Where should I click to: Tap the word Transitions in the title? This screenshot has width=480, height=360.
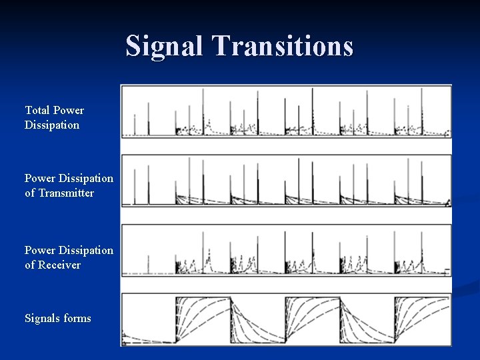(283, 46)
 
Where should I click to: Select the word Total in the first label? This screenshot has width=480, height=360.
(37, 110)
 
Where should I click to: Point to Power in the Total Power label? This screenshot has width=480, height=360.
(69, 110)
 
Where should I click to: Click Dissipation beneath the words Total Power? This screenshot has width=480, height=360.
(52, 125)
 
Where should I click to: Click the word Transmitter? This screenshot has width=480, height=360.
(66, 193)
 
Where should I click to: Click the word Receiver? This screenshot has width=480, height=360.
(59, 265)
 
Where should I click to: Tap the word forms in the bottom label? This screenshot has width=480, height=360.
(77, 318)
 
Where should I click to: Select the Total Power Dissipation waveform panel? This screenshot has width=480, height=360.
(286, 112)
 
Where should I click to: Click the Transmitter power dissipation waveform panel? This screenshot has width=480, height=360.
(286, 181)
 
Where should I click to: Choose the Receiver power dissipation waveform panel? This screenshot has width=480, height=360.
(286, 250)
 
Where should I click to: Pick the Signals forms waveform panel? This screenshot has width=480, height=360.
(286, 319)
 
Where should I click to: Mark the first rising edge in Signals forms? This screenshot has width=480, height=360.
(176, 320)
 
